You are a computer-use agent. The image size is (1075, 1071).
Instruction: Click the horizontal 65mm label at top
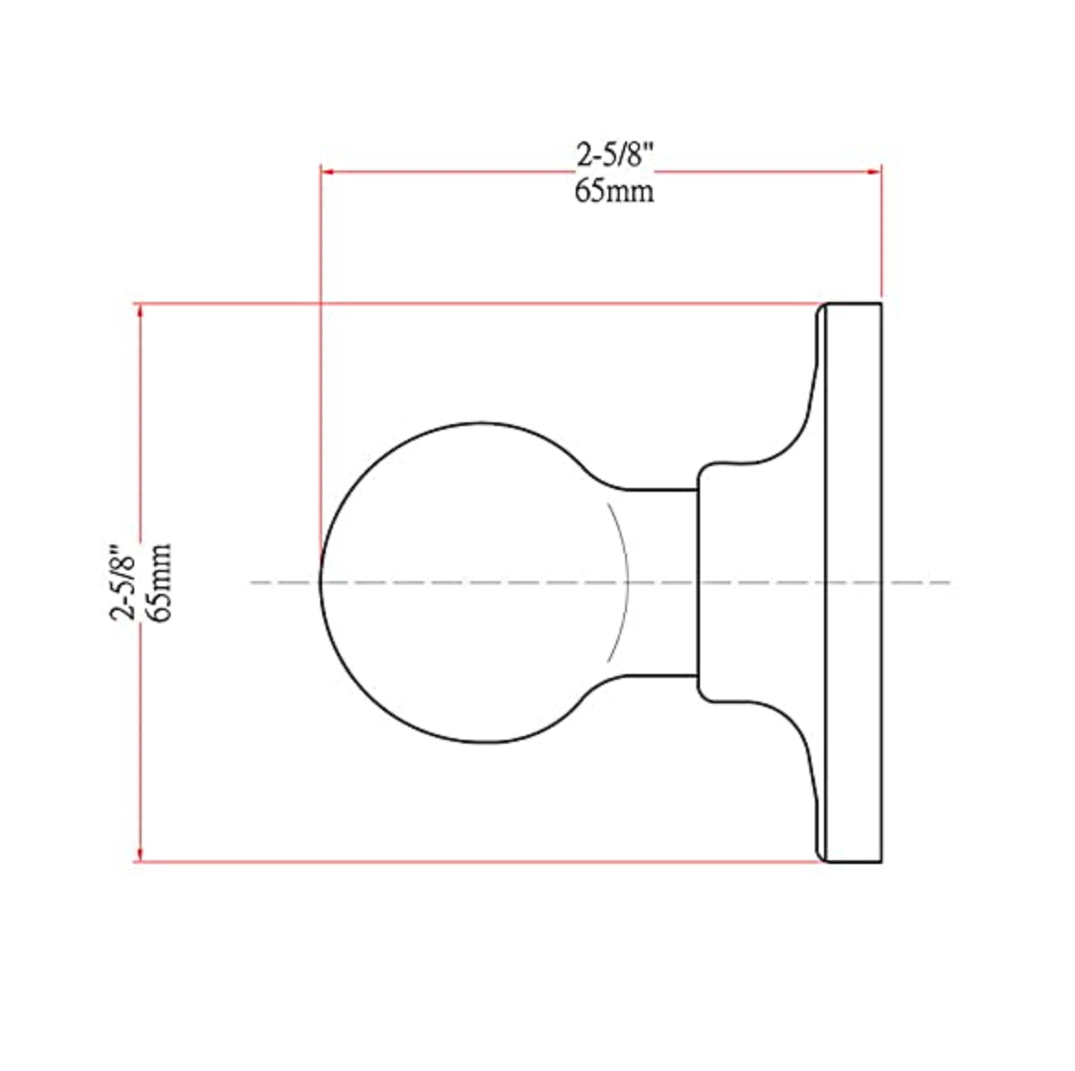click(614, 192)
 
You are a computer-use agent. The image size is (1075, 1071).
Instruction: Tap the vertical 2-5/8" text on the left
click(122, 581)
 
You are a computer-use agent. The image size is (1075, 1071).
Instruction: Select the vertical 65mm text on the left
click(158, 581)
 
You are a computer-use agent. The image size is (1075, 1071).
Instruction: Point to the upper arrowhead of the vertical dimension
click(139, 311)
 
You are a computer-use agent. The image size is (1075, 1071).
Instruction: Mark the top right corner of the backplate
click(881, 304)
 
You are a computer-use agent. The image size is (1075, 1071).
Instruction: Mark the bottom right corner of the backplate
click(881, 861)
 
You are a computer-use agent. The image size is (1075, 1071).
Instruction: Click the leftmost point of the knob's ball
click(320, 581)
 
